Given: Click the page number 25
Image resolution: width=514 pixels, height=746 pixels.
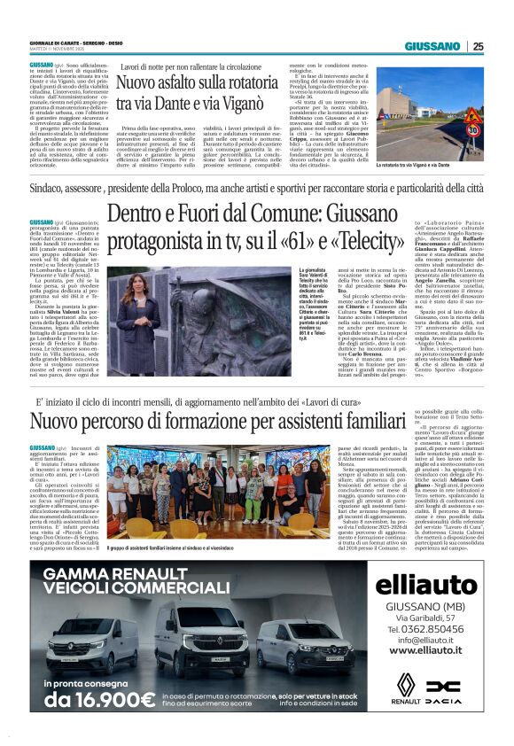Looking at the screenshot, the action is (x=478, y=46).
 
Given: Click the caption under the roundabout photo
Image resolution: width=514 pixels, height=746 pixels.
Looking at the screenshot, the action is (x=413, y=165).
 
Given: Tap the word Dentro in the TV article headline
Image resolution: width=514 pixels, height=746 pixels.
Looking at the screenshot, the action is (x=143, y=214).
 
